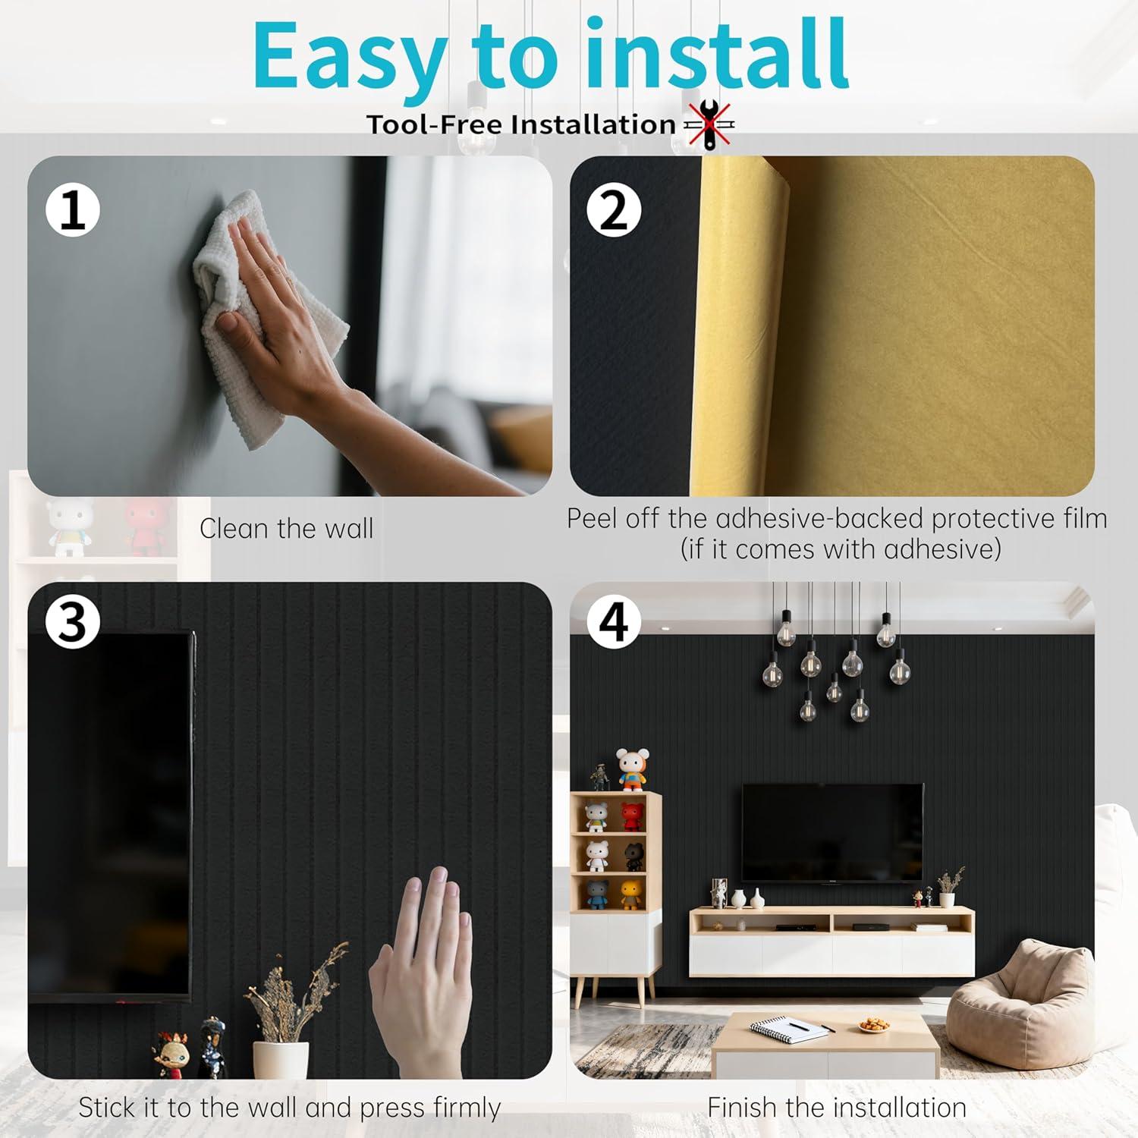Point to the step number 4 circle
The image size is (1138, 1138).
(x=614, y=621)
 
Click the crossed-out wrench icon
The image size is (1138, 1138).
(x=710, y=124)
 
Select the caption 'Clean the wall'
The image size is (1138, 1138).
(x=286, y=528)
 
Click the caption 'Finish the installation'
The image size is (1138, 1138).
(x=837, y=1107)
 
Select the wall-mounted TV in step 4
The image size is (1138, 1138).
(x=832, y=833)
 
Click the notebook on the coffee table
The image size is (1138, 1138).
(x=789, y=1029)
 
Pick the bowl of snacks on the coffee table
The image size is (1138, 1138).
(x=874, y=1025)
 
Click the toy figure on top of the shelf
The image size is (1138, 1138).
(x=631, y=769)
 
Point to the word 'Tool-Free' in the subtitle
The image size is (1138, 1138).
(x=434, y=124)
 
